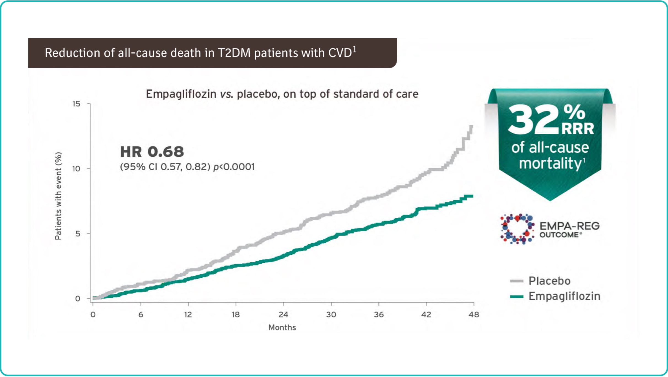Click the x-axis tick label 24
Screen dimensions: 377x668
[x=283, y=314]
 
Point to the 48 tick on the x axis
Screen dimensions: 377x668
[x=474, y=314]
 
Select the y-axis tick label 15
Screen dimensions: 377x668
[x=76, y=104]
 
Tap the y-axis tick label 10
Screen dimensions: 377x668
[x=76, y=169]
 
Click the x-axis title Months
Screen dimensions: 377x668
[x=282, y=327]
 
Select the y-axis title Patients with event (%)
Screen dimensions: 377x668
[x=58, y=196]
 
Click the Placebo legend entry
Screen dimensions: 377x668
[x=549, y=281]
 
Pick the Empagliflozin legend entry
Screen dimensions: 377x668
[x=564, y=296]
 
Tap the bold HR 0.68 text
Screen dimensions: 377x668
[x=152, y=152]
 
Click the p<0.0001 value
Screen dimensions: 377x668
[x=234, y=167]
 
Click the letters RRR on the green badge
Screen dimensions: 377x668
[x=578, y=128]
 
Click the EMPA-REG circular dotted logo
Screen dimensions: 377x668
[x=517, y=229]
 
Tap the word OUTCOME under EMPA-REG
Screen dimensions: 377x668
[x=559, y=235]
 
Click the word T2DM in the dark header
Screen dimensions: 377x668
[x=234, y=53]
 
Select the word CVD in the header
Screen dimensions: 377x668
[x=340, y=53]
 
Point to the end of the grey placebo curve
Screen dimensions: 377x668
[x=472, y=126]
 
